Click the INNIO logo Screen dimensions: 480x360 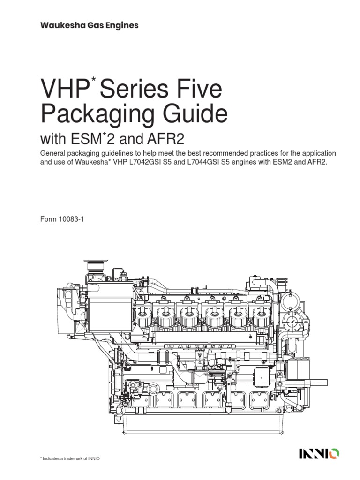tap(319, 453)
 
